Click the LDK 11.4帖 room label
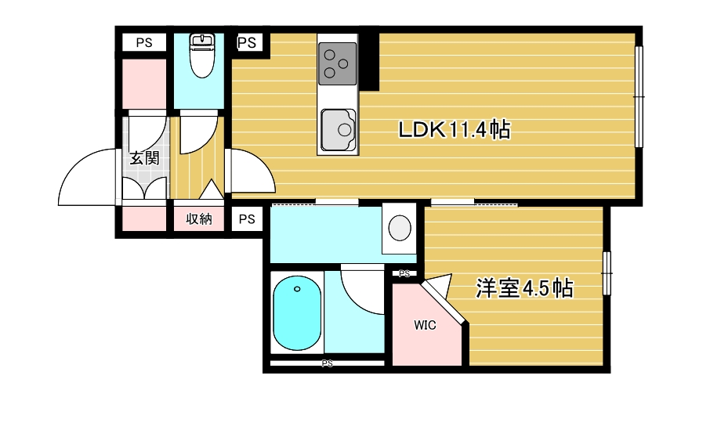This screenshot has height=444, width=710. click(x=455, y=130)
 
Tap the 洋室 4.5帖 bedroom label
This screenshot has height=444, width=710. click(x=524, y=288)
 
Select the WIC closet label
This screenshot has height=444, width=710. click(x=425, y=325)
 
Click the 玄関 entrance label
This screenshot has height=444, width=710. click(x=144, y=158)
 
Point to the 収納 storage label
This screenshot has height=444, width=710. click(x=199, y=219)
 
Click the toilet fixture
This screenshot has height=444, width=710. click(x=202, y=56)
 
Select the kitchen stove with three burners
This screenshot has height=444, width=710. click(x=337, y=63)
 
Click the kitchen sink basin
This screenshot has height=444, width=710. click(x=338, y=130)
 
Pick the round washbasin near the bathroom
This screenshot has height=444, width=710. click(x=400, y=227)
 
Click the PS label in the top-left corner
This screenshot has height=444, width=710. click(x=144, y=43)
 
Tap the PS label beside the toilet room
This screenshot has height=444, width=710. click(x=247, y=43)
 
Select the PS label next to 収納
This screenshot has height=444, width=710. click(x=247, y=219)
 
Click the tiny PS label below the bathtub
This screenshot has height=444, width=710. click(x=327, y=363)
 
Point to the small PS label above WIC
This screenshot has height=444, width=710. click(x=404, y=273)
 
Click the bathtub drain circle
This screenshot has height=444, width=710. click(x=297, y=289)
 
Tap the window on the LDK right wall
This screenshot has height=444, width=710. click(x=639, y=97)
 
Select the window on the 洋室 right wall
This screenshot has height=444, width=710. click(x=607, y=273)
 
